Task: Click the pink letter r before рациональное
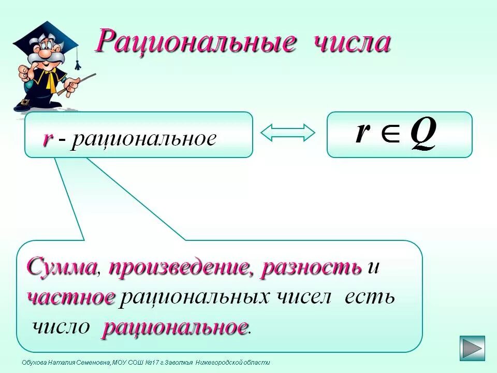click(48, 138)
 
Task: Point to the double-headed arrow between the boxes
click(288, 133)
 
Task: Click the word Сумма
click(62, 268)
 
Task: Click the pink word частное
click(71, 297)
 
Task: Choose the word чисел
click(301, 297)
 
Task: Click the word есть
click(370, 297)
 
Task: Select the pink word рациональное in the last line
click(174, 327)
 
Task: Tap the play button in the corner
click(472, 348)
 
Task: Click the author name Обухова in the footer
click(34, 363)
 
